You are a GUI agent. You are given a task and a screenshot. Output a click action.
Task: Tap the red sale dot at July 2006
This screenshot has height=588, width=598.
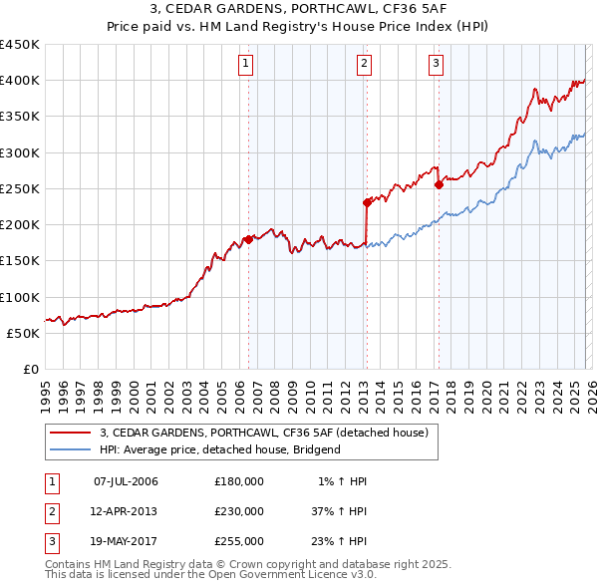248,239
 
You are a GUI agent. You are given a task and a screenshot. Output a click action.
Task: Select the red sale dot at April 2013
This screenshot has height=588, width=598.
367,203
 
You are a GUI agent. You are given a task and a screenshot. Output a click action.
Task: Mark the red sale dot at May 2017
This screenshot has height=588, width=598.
439,185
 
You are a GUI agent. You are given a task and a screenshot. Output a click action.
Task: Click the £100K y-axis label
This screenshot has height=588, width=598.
20,297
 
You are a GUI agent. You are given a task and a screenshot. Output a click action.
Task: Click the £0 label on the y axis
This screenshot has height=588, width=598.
29,369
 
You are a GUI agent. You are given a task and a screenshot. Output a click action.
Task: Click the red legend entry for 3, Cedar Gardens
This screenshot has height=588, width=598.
264,433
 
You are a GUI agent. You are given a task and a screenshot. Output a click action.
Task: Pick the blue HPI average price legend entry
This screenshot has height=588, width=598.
219,449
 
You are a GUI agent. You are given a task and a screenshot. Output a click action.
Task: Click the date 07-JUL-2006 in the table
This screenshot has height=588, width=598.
126,481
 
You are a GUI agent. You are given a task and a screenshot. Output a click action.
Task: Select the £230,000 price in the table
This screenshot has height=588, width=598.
239,511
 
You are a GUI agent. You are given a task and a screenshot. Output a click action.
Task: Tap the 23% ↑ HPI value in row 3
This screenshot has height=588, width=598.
339,541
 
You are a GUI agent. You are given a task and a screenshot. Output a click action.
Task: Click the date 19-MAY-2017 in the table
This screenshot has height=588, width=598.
126,541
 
